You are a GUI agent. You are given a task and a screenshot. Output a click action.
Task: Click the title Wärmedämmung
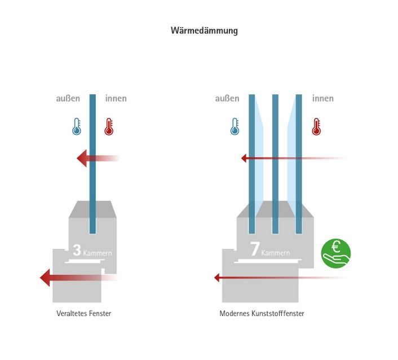204,30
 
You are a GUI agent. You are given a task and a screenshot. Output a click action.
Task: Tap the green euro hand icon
335,253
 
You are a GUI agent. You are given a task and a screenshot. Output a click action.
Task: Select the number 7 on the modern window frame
254,249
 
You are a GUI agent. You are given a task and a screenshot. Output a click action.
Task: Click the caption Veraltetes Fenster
83,313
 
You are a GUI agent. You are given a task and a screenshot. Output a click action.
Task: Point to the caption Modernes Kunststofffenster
262,313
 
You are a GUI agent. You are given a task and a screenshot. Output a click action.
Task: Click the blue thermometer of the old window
77,126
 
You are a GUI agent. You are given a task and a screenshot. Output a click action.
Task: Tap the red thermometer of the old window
109,126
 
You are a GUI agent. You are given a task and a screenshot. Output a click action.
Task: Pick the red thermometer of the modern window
316,126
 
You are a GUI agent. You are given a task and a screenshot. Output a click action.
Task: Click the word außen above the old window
68,99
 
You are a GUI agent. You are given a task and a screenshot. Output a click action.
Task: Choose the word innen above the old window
116,99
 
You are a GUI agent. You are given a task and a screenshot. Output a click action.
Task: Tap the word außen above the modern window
227,99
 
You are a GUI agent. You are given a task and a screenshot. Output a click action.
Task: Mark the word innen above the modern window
322,99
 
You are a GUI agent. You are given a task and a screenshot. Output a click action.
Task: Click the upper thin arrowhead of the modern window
244,159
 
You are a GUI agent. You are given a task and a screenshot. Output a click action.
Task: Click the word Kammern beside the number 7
276,253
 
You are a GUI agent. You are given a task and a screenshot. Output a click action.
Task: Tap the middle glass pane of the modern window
275,164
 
